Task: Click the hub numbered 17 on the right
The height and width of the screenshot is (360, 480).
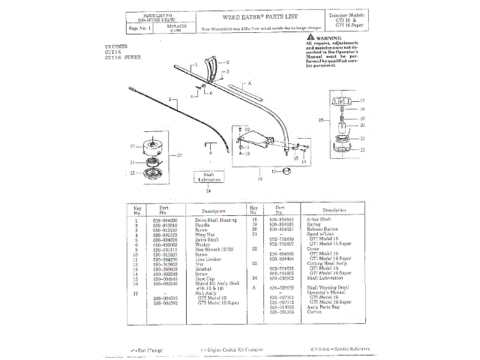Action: pos(341,100)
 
